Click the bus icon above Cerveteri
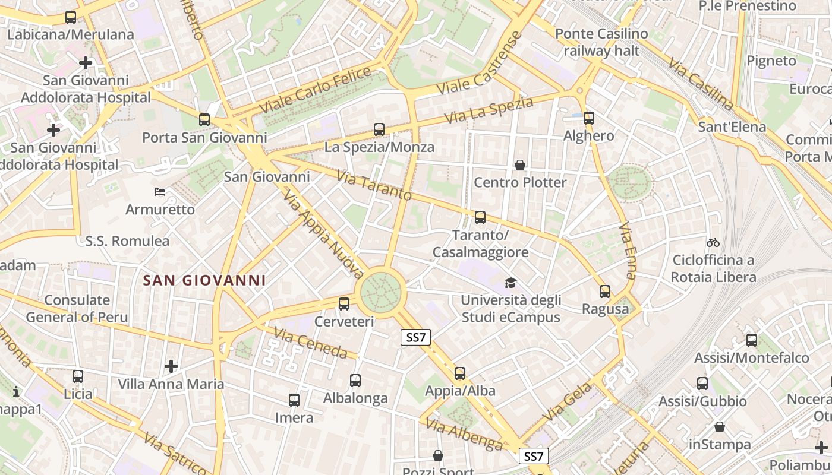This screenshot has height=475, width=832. point(343,304)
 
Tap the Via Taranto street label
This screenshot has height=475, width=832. point(374,186)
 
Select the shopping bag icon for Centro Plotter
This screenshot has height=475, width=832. point(520,165)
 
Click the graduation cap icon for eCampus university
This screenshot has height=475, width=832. point(510,283)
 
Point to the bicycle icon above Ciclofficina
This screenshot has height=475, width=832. point(713,242)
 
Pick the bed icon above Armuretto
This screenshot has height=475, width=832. point(160,191)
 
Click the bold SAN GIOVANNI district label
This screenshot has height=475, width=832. point(204,280)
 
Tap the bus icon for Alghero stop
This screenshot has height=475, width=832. point(589,118)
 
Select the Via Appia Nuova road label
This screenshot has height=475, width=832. point(322,233)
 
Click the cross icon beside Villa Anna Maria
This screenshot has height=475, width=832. point(171,366)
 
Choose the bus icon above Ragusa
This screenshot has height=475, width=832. point(605,292)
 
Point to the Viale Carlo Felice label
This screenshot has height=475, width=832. point(315,91)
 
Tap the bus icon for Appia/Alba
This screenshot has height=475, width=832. point(460,373)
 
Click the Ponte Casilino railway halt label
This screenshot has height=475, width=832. point(601,42)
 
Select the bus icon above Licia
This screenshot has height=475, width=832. point(78,376)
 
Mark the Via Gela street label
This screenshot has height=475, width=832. point(560,403)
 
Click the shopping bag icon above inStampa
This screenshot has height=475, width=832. point(720,427)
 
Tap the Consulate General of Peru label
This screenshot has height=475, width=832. point(77,309)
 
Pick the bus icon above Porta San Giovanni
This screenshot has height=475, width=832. point(204,120)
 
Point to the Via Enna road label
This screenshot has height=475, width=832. point(628,251)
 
